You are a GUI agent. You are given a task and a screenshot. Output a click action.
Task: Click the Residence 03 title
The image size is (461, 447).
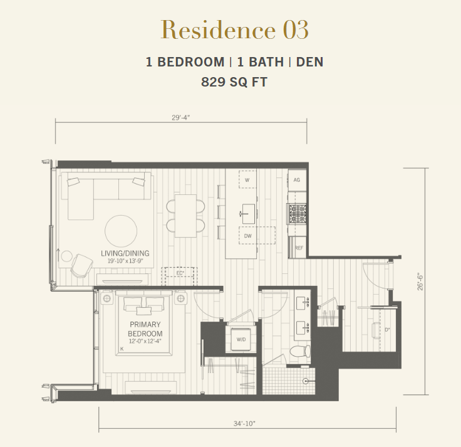pyautogui.click(x=235, y=29)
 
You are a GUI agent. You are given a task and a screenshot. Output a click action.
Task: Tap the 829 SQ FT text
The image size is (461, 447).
pyautogui.click(x=234, y=82)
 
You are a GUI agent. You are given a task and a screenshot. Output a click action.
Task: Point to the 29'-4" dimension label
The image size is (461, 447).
pyautogui.click(x=181, y=118)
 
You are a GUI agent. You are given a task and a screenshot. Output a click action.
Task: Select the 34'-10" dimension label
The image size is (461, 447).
pyautogui.click(x=244, y=423)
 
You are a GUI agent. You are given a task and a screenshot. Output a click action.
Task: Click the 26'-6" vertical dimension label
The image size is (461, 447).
pyautogui.click(x=420, y=282)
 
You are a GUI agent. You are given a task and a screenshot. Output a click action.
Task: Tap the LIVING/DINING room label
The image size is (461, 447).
pyautogui.click(x=125, y=253)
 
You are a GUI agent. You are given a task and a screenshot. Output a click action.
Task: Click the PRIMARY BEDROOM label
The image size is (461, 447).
pyautogui.click(x=145, y=329)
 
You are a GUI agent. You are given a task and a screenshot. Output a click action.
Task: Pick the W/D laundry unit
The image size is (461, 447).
pyautogui.click(x=241, y=339)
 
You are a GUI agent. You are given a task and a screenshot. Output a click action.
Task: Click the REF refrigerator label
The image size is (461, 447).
pyautogui.click(x=299, y=248)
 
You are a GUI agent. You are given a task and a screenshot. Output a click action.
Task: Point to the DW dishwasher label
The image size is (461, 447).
pyautogui.click(x=248, y=236)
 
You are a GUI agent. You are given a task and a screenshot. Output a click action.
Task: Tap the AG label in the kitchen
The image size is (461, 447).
pyautogui.click(x=297, y=180)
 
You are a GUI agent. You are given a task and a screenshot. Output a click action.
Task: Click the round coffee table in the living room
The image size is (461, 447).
pyautogui.click(x=121, y=231)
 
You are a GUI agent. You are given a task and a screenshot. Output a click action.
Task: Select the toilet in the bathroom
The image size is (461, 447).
pyautogui.click(x=300, y=351)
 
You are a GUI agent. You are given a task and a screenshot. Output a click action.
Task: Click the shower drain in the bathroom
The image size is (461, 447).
pyautogui.click(x=306, y=381)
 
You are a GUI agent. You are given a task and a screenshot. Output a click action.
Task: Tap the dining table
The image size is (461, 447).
pyautogui.click(x=185, y=216)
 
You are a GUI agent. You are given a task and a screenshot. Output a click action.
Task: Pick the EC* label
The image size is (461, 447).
pyautogui.click(x=180, y=273)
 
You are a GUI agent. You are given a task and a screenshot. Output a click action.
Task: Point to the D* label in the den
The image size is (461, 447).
pyautogui.click(x=388, y=330)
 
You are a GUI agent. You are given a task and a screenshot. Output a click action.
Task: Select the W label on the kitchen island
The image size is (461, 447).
pyautogui.click(x=247, y=180)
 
